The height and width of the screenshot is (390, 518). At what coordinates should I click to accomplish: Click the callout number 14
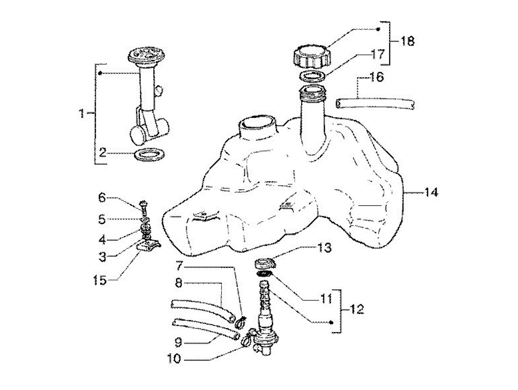coord(431,192)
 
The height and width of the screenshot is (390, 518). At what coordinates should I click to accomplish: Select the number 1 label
coord(81,113)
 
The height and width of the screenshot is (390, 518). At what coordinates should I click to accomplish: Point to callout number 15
coord(100,280)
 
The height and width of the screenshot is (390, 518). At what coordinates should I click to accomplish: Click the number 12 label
coord(356,309)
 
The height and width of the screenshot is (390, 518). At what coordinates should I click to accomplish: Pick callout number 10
coord(174,358)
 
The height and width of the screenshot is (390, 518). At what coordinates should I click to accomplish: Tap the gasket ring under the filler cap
coord(312,76)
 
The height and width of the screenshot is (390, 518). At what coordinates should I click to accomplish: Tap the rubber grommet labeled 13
coord(265,264)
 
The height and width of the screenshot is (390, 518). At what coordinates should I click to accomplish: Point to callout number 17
coord(378,55)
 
